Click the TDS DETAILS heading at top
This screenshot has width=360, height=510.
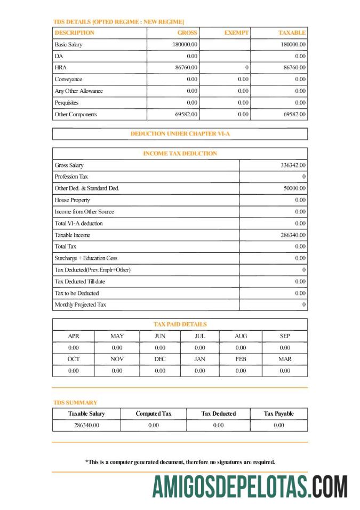(x=118, y=22)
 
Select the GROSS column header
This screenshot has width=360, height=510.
(x=187, y=33)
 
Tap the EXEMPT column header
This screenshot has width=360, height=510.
(x=236, y=33)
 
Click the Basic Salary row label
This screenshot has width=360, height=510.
(x=68, y=45)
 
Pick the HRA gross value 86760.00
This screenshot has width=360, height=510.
(x=186, y=68)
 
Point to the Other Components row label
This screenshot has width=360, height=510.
(x=76, y=114)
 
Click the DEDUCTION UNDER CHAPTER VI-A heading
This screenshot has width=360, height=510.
(x=180, y=134)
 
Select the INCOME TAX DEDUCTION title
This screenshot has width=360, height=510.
(x=180, y=154)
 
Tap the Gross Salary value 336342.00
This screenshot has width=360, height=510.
(x=293, y=165)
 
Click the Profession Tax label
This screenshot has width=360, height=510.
(x=71, y=177)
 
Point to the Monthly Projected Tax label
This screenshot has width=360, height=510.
(x=80, y=305)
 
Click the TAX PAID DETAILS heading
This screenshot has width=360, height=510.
(x=180, y=324)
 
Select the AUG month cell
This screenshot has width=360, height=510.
(x=241, y=336)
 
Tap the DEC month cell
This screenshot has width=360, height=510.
(x=160, y=359)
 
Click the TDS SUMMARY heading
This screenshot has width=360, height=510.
(x=75, y=402)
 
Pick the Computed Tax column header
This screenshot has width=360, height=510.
(x=154, y=413)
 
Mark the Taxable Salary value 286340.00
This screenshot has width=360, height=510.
(x=86, y=425)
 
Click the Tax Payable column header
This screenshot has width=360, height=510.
(x=278, y=413)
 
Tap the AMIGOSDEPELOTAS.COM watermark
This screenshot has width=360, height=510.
(x=250, y=486)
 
